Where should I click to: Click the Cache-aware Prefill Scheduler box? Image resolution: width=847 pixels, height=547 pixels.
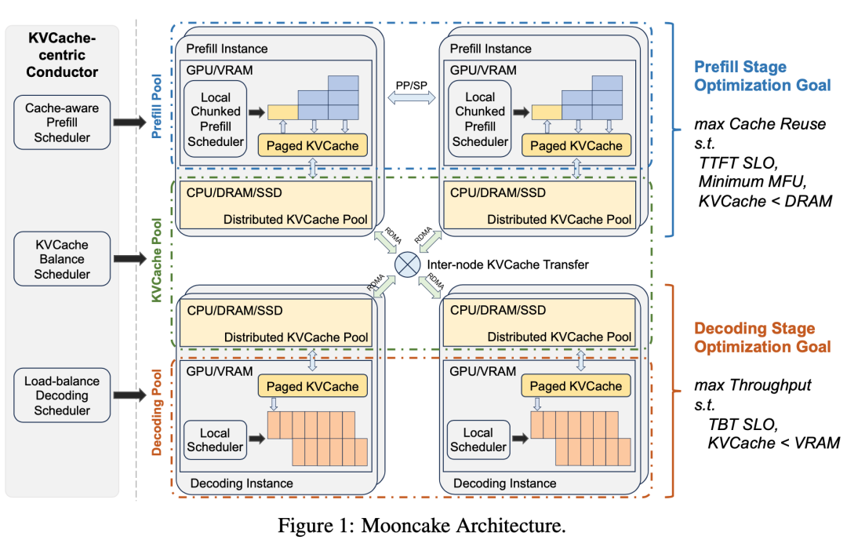coord(63,122)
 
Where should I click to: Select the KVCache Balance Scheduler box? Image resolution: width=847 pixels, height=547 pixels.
coord(63,258)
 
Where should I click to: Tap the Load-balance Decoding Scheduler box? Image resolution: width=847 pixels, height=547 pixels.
coord(63,396)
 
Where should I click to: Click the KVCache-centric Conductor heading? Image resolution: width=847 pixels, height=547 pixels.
coord(63,55)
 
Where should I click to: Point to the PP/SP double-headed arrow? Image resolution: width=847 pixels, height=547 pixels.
coord(412,97)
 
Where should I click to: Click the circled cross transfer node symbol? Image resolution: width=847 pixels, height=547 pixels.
coord(407,264)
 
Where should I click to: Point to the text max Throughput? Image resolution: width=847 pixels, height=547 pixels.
coord(751,385)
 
